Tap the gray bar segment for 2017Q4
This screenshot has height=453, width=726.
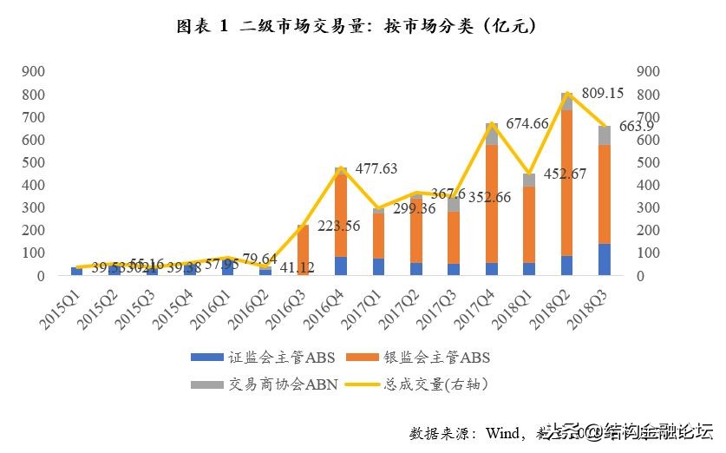pos(491,135)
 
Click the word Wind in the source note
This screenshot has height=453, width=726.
pos(501,432)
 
